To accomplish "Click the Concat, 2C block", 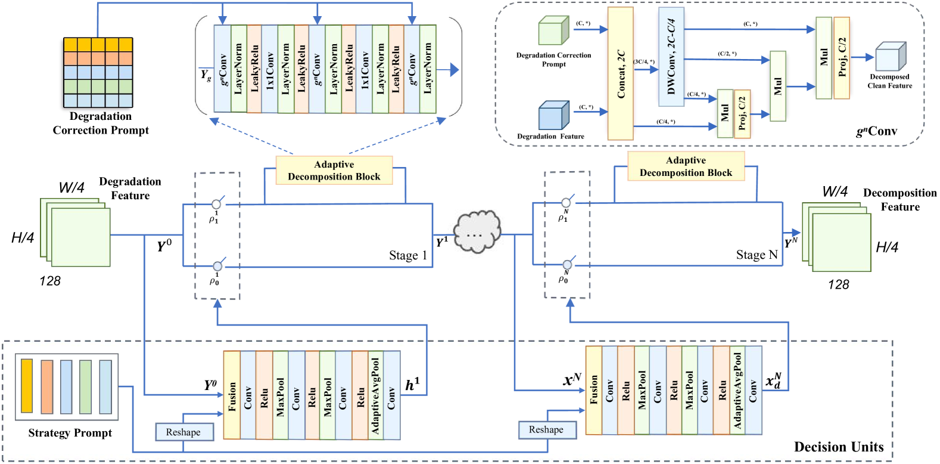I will pyautogui.click(x=620, y=74).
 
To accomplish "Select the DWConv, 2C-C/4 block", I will pyautogui.click(x=671, y=57).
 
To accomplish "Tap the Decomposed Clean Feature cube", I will pyautogui.click(x=890, y=57).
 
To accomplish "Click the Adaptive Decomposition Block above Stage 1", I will pyautogui.click(x=334, y=171).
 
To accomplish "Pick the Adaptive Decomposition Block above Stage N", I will pyautogui.click(x=686, y=166).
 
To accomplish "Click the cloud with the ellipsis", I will pyautogui.click(x=477, y=233).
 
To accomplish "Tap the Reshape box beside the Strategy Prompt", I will pyautogui.click(x=183, y=432).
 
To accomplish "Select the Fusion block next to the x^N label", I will pyautogui.click(x=594, y=390).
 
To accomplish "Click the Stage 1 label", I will pyautogui.click(x=408, y=256).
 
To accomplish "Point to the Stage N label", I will pyautogui.click(x=757, y=255).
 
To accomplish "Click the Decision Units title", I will pyautogui.click(x=839, y=447).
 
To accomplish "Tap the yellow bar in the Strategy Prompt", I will pyautogui.click(x=26, y=386).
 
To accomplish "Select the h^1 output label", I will pyautogui.click(x=412, y=385).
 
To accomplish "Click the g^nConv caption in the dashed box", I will pyautogui.click(x=876, y=131).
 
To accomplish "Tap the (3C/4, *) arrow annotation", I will pyautogui.click(x=644, y=61).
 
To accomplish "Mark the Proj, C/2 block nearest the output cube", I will pyautogui.click(x=842, y=58).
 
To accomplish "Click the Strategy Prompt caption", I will pyautogui.click(x=70, y=433).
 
